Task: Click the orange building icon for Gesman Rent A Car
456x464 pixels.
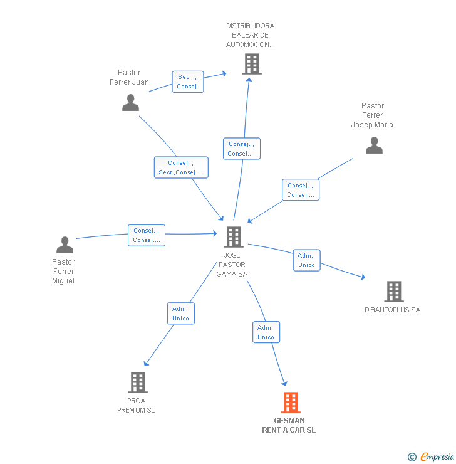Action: [x=290, y=402]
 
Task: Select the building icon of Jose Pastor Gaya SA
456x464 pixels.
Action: [x=234, y=236]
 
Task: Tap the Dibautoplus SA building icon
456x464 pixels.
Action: [x=393, y=291]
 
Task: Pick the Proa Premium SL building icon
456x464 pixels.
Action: [x=138, y=382]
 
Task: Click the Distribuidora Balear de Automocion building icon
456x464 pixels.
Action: [x=251, y=64]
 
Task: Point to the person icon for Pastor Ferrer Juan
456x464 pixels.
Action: [x=130, y=102]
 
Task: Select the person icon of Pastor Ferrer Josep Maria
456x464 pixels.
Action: [x=374, y=145]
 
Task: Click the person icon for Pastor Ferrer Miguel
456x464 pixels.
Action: [x=65, y=245]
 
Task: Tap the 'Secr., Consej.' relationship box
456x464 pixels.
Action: [x=188, y=82]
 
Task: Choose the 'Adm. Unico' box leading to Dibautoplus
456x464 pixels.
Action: [x=306, y=260]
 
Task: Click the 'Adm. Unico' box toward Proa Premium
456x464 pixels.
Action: [x=180, y=314]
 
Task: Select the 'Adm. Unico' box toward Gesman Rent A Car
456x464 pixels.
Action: [x=266, y=332]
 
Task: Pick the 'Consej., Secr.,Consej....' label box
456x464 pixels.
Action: [x=181, y=167]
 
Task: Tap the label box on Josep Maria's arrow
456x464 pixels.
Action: [x=300, y=190]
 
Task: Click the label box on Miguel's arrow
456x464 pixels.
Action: [x=147, y=235]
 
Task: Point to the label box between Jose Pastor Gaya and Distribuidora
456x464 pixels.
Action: [x=241, y=149]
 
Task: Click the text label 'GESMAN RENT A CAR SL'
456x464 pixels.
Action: [x=289, y=425]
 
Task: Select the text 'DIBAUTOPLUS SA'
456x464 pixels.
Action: [x=393, y=310]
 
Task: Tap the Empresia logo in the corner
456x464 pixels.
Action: [x=432, y=457]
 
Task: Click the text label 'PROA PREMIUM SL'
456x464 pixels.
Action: [x=136, y=405]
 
